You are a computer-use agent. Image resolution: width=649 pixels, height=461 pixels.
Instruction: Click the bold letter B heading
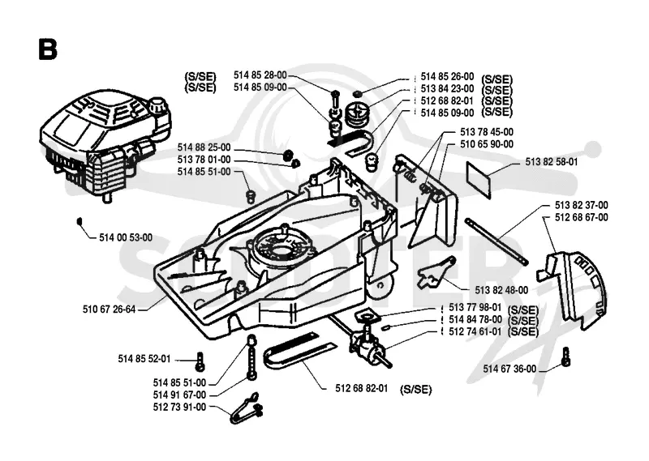[x=48, y=49]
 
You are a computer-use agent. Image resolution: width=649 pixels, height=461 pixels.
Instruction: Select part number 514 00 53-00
[x=126, y=237]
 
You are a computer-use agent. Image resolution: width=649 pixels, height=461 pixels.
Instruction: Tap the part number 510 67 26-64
[x=110, y=309]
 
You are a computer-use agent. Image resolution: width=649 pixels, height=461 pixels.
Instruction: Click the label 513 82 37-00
[x=581, y=206]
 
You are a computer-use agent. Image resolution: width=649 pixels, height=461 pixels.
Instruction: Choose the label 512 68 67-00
[x=581, y=217]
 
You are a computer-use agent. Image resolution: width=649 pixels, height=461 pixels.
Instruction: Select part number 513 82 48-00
[x=501, y=290]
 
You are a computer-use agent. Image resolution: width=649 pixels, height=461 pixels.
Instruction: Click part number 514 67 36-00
[x=509, y=369]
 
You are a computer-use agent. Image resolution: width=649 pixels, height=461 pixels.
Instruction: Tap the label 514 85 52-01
[x=144, y=359]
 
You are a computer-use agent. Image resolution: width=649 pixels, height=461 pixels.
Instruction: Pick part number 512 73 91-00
[x=179, y=408]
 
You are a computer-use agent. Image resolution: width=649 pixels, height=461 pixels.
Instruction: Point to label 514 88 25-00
[x=204, y=147]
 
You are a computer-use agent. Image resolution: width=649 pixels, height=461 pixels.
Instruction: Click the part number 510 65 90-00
[x=487, y=144]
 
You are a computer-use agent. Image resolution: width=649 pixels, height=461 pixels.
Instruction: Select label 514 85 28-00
[x=260, y=75]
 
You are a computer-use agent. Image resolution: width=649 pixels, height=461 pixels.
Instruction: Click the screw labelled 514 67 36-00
[x=565, y=356]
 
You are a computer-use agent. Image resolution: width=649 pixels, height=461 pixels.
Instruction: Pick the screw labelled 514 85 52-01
[x=201, y=361]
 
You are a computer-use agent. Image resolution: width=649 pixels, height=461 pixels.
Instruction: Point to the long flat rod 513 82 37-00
[x=496, y=242]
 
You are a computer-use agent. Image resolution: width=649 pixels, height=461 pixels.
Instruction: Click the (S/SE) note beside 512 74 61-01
[x=522, y=332]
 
